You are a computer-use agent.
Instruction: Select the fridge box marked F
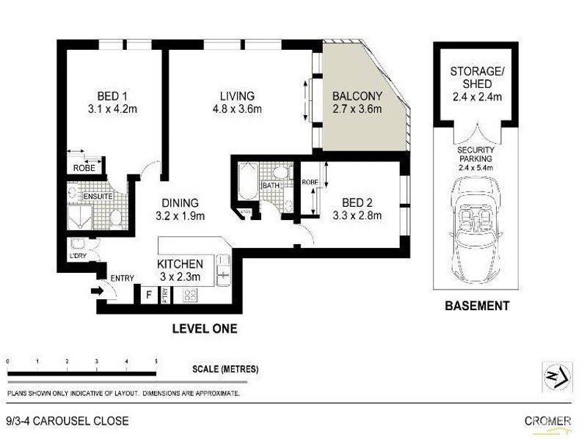(x=149, y=296)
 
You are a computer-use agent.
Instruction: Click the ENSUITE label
(x=95, y=197)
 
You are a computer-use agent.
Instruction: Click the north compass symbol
(x=556, y=378)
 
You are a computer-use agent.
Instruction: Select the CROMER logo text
(x=547, y=421)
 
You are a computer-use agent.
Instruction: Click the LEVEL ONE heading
(x=204, y=329)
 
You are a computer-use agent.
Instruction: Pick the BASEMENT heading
(x=477, y=306)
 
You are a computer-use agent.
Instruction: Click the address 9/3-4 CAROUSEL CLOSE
(x=68, y=421)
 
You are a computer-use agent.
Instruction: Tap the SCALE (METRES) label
(x=225, y=369)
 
